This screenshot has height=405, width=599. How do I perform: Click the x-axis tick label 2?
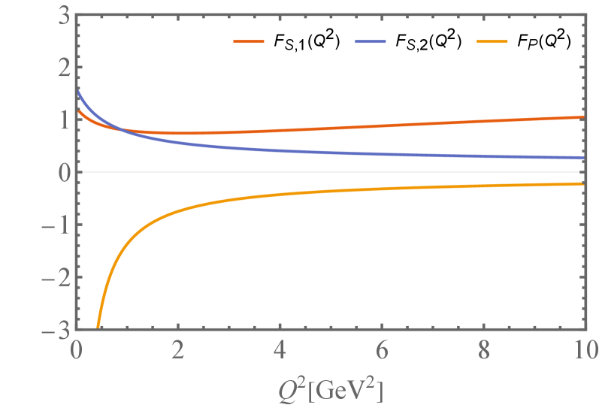coord(178,350)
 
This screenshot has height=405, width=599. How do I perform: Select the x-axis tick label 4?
coord(280,350)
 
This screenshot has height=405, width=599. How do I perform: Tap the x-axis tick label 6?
coord(382,350)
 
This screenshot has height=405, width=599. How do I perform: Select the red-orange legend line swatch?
coord(249,42)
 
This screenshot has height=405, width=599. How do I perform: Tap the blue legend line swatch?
coord(371,42)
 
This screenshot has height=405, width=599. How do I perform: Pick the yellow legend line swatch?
coord(492,42)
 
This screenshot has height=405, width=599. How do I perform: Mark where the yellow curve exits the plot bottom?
coord(98,329)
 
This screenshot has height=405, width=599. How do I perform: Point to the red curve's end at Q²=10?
coord(585,117)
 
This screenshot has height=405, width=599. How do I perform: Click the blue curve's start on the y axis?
coord(77,92)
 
